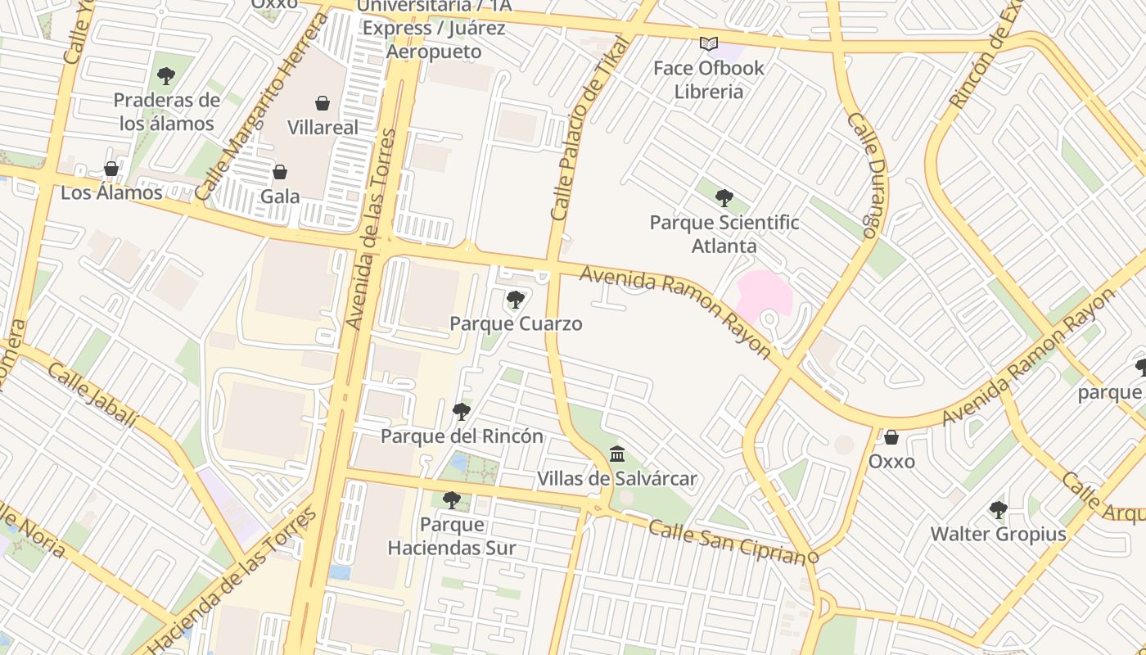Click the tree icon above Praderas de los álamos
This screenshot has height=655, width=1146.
pyautogui.click(x=166, y=76)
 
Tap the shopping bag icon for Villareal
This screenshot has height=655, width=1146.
pyautogui.click(x=323, y=103)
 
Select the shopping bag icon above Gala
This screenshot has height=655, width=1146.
pyautogui.click(x=280, y=172)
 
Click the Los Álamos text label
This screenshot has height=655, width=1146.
pyautogui.click(x=111, y=193)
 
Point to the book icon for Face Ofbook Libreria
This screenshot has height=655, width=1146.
pyautogui.click(x=709, y=43)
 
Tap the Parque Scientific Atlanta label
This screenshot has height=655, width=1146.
pyautogui.click(x=724, y=234)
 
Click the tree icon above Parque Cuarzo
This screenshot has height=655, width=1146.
pyautogui.click(x=516, y=300)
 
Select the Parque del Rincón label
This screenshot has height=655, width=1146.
pyautogui.click(x=462, y=436)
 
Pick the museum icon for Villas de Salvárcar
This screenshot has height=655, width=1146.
pyautogui.click(x=617, y=454)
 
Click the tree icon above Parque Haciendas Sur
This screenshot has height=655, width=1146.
pyautogui.click(x=451, y=499)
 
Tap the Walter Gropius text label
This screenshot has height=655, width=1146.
pyautogui.click(x=998, y=535)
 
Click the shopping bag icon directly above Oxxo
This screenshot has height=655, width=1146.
pyautogui.click(x=891, y=437)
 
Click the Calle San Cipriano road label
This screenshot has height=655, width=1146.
pyautogui.click(x=728, y=540)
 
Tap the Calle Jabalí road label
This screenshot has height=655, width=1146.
pyautogui.click(x=92, y=395)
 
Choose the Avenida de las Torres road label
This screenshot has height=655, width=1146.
pyautogui.click(x=372, y=229)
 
